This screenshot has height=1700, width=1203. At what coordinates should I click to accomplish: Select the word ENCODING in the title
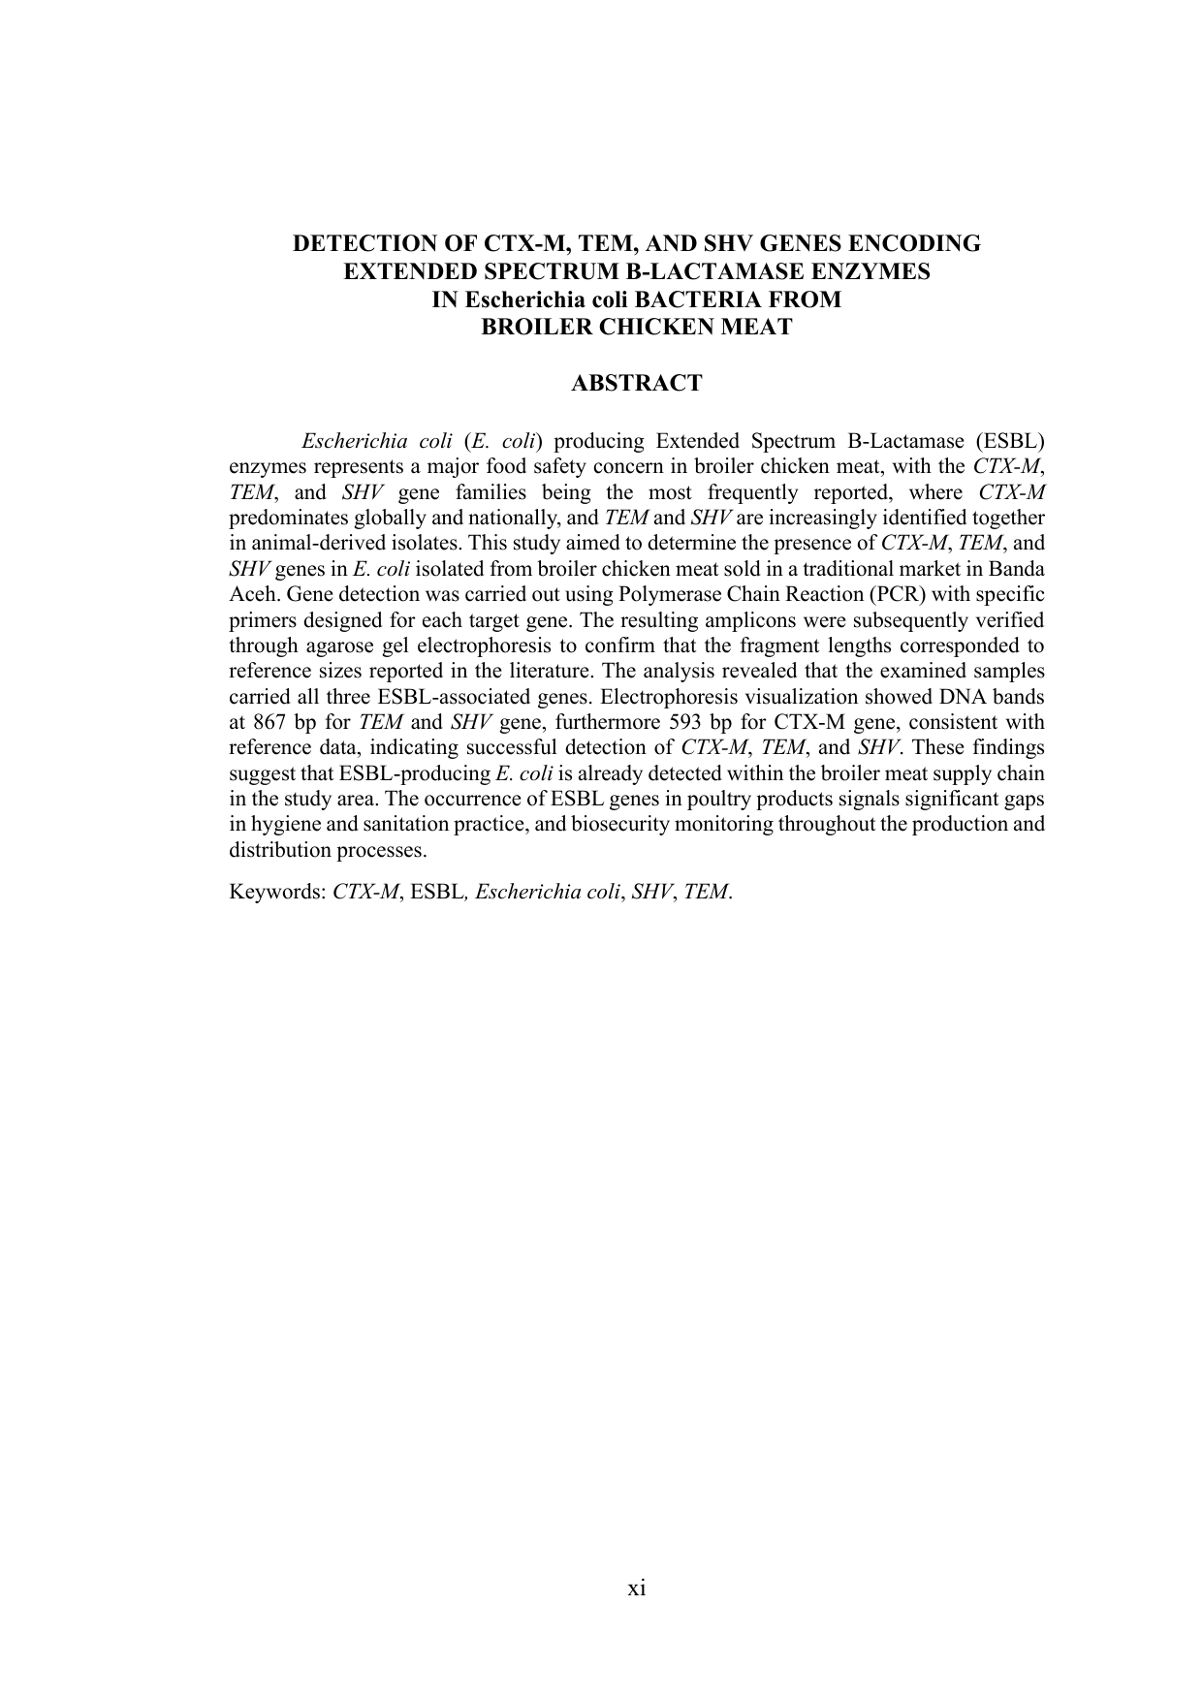tap(922, 244)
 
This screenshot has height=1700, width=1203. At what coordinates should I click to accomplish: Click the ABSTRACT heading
tap(636, 384)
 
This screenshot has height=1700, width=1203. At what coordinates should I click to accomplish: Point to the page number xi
tap(637, 1588)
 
